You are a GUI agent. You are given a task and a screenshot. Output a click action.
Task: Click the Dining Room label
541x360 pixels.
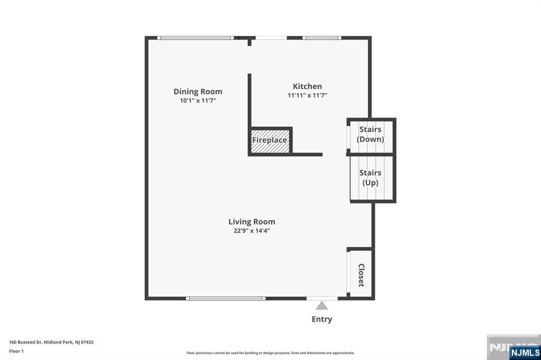coord(198,91)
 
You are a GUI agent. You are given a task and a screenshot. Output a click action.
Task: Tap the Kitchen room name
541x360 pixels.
coord(307,86)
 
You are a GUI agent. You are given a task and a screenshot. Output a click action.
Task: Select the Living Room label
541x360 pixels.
coord(252,222)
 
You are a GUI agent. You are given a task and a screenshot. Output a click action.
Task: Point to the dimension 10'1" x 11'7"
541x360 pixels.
coord(198,101)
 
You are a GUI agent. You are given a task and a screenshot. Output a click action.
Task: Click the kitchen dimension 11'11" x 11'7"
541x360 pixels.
coord(307,95)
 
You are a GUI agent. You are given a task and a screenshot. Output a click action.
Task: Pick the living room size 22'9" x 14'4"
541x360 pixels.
coord(252,231)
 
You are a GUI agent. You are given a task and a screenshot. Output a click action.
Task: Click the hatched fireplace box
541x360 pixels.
coord(270,141)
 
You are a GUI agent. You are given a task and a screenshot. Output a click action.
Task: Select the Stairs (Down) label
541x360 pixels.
coord(370,134)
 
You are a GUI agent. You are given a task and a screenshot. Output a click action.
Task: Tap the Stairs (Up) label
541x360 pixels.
coord(370,177)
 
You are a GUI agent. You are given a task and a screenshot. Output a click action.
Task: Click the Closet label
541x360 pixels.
coord(361,275)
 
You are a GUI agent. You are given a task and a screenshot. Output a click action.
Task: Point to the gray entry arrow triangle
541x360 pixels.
coord(322,306)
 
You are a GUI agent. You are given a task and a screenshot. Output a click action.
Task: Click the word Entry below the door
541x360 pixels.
coord(322,319)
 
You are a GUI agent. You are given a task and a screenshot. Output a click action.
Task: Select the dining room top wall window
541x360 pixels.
coord(195,38)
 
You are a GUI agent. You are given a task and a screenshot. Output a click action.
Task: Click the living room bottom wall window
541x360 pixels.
coord(226,298)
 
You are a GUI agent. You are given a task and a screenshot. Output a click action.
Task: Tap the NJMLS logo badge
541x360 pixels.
coord(525,352)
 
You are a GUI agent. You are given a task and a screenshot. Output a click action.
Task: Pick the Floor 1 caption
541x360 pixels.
coord(16,352)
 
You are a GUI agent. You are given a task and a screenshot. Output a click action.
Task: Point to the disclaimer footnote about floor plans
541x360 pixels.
coord(270,353)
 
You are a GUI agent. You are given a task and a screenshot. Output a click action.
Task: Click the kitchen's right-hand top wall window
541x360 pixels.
coord(322,38)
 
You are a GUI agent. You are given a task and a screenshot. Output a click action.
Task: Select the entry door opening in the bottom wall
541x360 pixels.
coord(322,298)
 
